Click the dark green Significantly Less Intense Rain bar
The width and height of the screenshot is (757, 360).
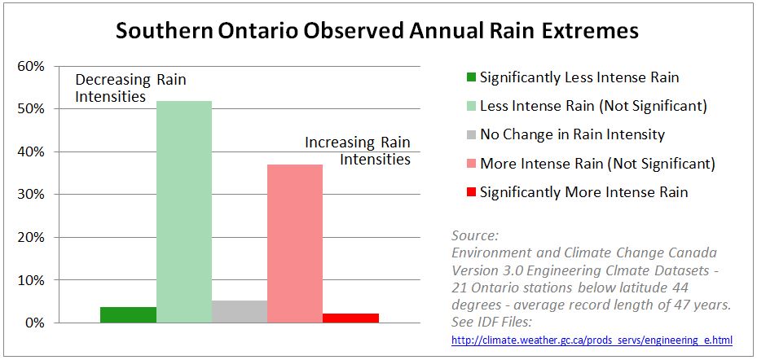coord(129,314)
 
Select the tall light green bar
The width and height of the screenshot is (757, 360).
coord(184,212)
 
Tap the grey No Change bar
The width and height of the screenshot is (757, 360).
coord(240,311)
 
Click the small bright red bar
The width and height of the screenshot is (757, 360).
coord(350,318)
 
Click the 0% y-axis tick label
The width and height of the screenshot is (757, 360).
coord(35,323)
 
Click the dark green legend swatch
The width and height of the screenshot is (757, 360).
coord(470,78)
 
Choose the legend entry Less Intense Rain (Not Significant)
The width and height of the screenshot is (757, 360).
coord(592,106)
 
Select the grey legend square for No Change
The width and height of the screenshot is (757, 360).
coord(470,135)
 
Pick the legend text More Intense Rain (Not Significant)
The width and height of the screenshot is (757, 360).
coord(597,164)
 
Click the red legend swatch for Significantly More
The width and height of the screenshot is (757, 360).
coord(470,193)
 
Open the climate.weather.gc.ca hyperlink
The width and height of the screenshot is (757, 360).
coord(592,339)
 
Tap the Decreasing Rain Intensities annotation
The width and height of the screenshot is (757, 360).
coord(114,88)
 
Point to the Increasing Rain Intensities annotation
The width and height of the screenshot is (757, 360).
coord(358,151)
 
